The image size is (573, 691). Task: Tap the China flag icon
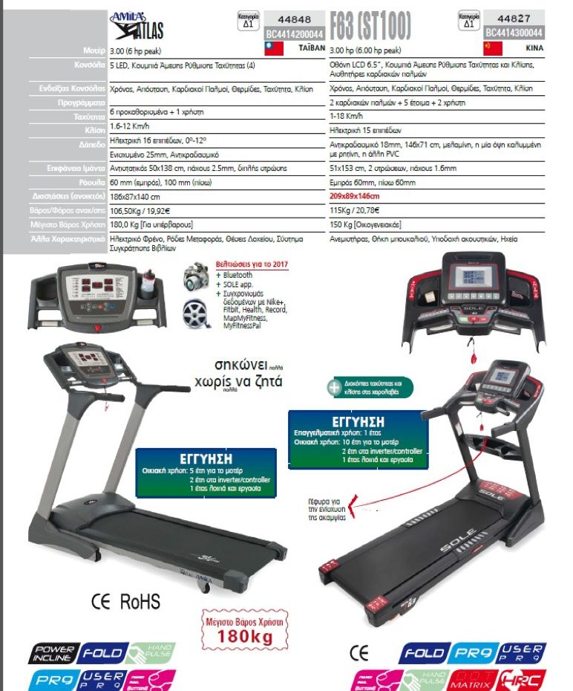pyautogui.click(x=493, y=48)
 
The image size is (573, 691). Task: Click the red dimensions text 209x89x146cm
pyautogui.click(x=354, y=196)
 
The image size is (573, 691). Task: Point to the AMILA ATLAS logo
pyautogui.click(x=137, y=24)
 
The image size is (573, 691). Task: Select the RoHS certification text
pyautogui.click(x=140, y=600)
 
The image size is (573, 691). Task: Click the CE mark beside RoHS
pyautogui.click(x=101, y=600)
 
